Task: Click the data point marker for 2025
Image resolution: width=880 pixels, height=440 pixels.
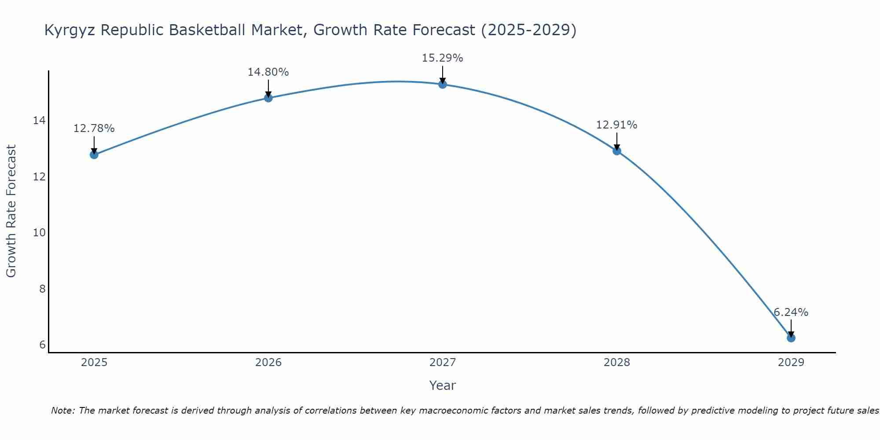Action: click(94, 154)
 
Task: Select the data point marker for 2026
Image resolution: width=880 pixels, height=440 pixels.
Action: click(268, 98)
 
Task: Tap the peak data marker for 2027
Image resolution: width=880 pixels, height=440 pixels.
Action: click(443, 84)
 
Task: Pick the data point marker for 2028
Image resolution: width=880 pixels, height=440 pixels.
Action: click(617, 151)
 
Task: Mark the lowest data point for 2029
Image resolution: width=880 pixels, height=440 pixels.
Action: click(791, 338)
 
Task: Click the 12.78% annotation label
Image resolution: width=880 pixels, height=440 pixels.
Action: click(94, 128)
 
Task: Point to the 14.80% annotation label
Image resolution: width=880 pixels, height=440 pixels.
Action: click(268, 72)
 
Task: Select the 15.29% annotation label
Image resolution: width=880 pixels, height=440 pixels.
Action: click(442, 58)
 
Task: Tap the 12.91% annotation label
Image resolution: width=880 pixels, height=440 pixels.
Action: click(616, 125)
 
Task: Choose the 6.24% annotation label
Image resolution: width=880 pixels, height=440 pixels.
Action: click(791, 312)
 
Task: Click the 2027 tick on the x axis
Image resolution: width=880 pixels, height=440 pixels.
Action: click(443, 363)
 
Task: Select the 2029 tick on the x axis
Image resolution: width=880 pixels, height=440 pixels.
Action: click(791, 363)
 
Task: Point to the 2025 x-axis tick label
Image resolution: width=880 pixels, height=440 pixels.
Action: click(94, 363)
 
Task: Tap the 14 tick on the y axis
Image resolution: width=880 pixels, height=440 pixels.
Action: click(40, 121)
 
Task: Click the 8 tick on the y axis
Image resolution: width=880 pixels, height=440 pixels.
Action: click(42, 289)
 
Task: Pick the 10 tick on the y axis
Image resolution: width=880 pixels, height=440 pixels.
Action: click(40, 233)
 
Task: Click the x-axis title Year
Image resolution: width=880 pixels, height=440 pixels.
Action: click(442, 385)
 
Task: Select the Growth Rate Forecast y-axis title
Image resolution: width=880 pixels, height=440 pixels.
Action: click(11, 211)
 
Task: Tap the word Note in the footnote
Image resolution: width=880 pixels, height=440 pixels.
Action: click(63, 411)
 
